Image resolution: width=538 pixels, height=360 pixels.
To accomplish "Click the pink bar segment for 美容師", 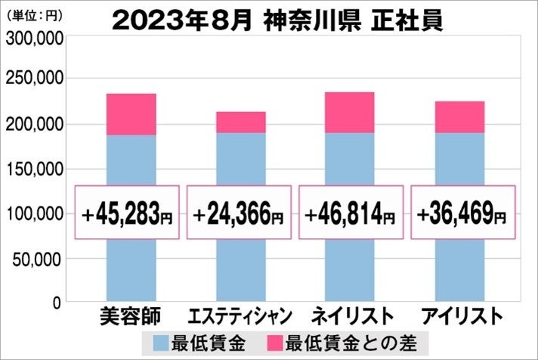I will click(131, 115).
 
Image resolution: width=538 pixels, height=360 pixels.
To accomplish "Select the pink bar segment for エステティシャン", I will click(241, 123).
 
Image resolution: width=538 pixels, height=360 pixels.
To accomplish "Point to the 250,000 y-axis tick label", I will click(34, 79).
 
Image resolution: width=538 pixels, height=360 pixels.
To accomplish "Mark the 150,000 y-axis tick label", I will click(34, 169).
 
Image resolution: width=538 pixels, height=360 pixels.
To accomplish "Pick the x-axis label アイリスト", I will click(461, 317).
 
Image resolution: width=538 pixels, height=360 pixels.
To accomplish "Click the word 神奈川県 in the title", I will click(304, 18).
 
